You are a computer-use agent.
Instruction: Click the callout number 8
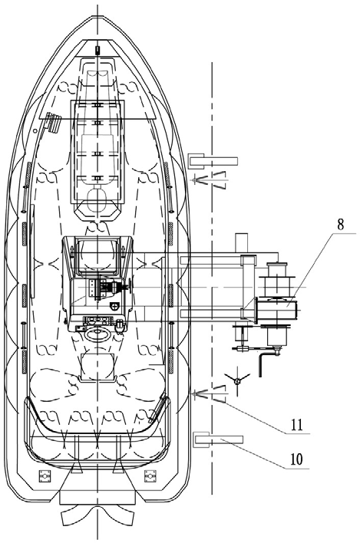pos(340,224)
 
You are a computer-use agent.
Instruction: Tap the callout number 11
pos(296,425)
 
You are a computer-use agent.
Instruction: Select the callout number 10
pos(296,459)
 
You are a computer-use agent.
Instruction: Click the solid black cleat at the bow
pos(97,50)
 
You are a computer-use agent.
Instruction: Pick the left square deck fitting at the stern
pos(45,476)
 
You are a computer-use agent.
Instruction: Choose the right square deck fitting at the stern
pos(150,476)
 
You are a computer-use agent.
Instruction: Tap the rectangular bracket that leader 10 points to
pos(218,439)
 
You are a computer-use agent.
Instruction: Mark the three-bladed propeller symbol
pos(237,382)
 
